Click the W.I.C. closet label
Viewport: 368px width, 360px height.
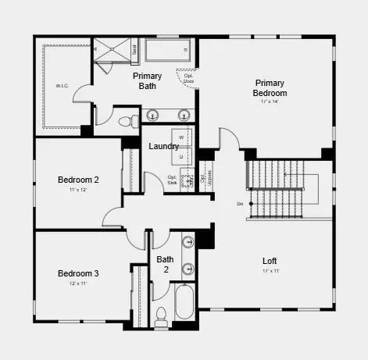click(x=62, y=87)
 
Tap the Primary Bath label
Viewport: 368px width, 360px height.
click(x=148, y=81)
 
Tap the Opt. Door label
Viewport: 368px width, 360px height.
click(x=188, y=78)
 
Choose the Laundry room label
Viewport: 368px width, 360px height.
click(x=164, y=146)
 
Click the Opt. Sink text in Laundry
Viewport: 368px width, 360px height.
click(x=173, y=180)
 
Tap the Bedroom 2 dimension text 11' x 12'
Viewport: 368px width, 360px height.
click(x=78, y=190)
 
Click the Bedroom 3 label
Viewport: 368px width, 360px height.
click(x=78, y=273)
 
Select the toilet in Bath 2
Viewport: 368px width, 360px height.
click(x=162, y=315)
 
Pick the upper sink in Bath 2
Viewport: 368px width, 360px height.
click(x=188, y=243)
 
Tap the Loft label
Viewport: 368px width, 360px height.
click(x=270, y=261)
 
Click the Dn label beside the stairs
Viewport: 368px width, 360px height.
click(x=240, y=204)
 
